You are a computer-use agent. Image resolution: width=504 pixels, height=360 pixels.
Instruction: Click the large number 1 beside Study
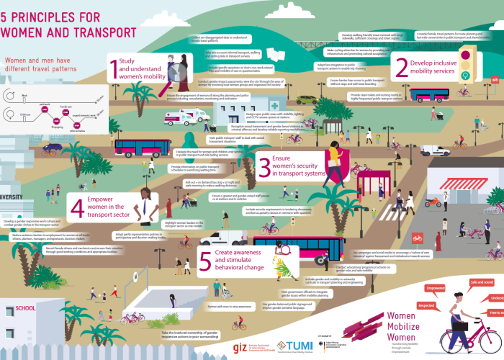click(x=113, y=69)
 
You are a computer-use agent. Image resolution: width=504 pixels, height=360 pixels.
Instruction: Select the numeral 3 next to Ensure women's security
click(x=264, y=166)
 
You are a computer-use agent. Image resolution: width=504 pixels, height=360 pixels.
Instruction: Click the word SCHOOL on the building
click(x=26, y=308)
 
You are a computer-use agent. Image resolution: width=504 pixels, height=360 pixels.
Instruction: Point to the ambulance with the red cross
click(x=197, y=116)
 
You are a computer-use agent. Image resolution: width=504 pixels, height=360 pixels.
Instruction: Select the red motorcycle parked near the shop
click(x=433, y=202)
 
